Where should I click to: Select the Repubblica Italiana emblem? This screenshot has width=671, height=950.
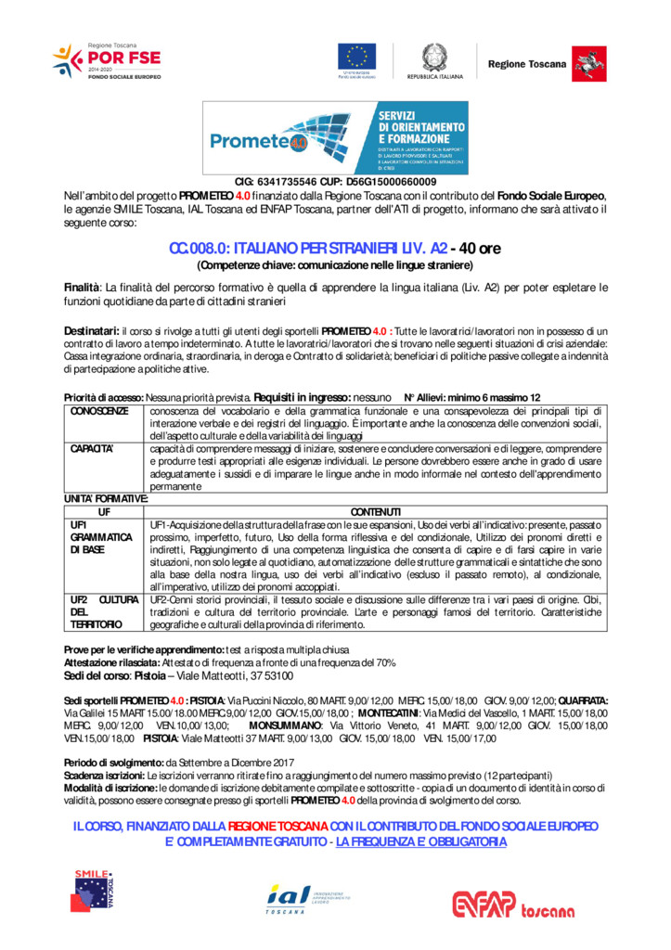tap(433, 60)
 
